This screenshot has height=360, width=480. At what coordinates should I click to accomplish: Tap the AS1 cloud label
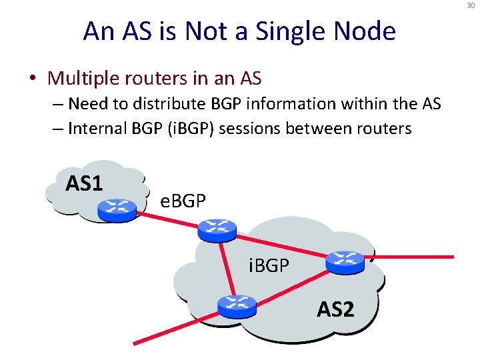pos(83,182)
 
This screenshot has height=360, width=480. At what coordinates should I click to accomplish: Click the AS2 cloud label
pos(335,309)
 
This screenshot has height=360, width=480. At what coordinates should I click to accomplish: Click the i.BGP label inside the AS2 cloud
pos(269,266)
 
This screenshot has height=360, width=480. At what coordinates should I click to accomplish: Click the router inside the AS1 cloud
pos(116,209)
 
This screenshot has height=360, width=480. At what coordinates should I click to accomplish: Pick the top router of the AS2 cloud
pos(217,229)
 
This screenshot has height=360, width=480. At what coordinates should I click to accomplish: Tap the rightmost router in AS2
pos(345,262)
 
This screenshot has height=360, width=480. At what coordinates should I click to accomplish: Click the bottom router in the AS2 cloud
pos(237,305)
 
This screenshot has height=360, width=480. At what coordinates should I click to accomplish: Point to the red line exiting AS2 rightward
pos(413,257)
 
